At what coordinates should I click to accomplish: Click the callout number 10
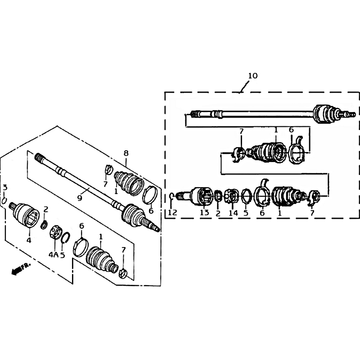click(253, 76)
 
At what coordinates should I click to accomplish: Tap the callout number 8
click(126, 153)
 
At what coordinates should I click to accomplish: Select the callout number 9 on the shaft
click(80, 198)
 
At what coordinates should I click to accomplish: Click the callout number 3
click(5, 187)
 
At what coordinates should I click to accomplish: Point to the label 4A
click(53, 254)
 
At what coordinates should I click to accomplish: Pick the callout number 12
click(172, 212)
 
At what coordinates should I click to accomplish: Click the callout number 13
click(204, 212)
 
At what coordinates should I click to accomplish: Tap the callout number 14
click(233, 213)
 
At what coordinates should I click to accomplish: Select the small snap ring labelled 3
click(4, 200)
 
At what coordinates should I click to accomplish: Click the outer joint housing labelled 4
click(25, 215)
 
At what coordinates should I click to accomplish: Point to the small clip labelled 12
click(171, 196)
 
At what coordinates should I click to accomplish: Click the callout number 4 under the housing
click(28, 240)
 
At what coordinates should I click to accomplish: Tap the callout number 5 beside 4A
click(63, 255)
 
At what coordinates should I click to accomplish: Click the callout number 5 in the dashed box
click(246, 213)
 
